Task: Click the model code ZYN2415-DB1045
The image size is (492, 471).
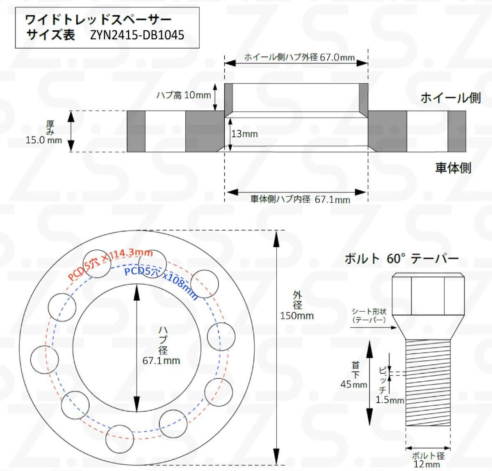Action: (x=137, y=35)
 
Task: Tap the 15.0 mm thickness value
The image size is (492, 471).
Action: (x=43, y=140)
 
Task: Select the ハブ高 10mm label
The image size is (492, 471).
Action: (x=183, y=95)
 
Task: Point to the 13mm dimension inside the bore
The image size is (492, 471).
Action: (x=244, y=134)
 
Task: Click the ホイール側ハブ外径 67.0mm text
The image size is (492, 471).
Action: (x=299, y=57)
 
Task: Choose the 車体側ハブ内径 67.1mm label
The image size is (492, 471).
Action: (x=300, y=199)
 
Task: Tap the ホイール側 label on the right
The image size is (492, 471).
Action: (x=450, y=98)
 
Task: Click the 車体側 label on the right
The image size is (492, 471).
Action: (x=453, y=168)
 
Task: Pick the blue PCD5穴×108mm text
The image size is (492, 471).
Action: (x=161, y=281)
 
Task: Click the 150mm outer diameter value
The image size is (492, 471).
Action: (x=297, y=316)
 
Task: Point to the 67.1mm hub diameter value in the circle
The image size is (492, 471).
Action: (x=161, y=361)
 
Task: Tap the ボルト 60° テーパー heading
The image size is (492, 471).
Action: (x=401, y=259)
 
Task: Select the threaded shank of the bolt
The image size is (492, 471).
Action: (x=428, y=383)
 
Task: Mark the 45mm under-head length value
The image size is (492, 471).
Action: (x=353, y=385)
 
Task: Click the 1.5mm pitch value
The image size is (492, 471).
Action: (x=389, y=400)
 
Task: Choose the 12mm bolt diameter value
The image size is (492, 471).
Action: (x=426, y=464)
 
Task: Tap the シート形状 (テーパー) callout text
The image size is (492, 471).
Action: (x=369, y=316)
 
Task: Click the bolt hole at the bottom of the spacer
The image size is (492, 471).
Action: (x=120, y=439)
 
